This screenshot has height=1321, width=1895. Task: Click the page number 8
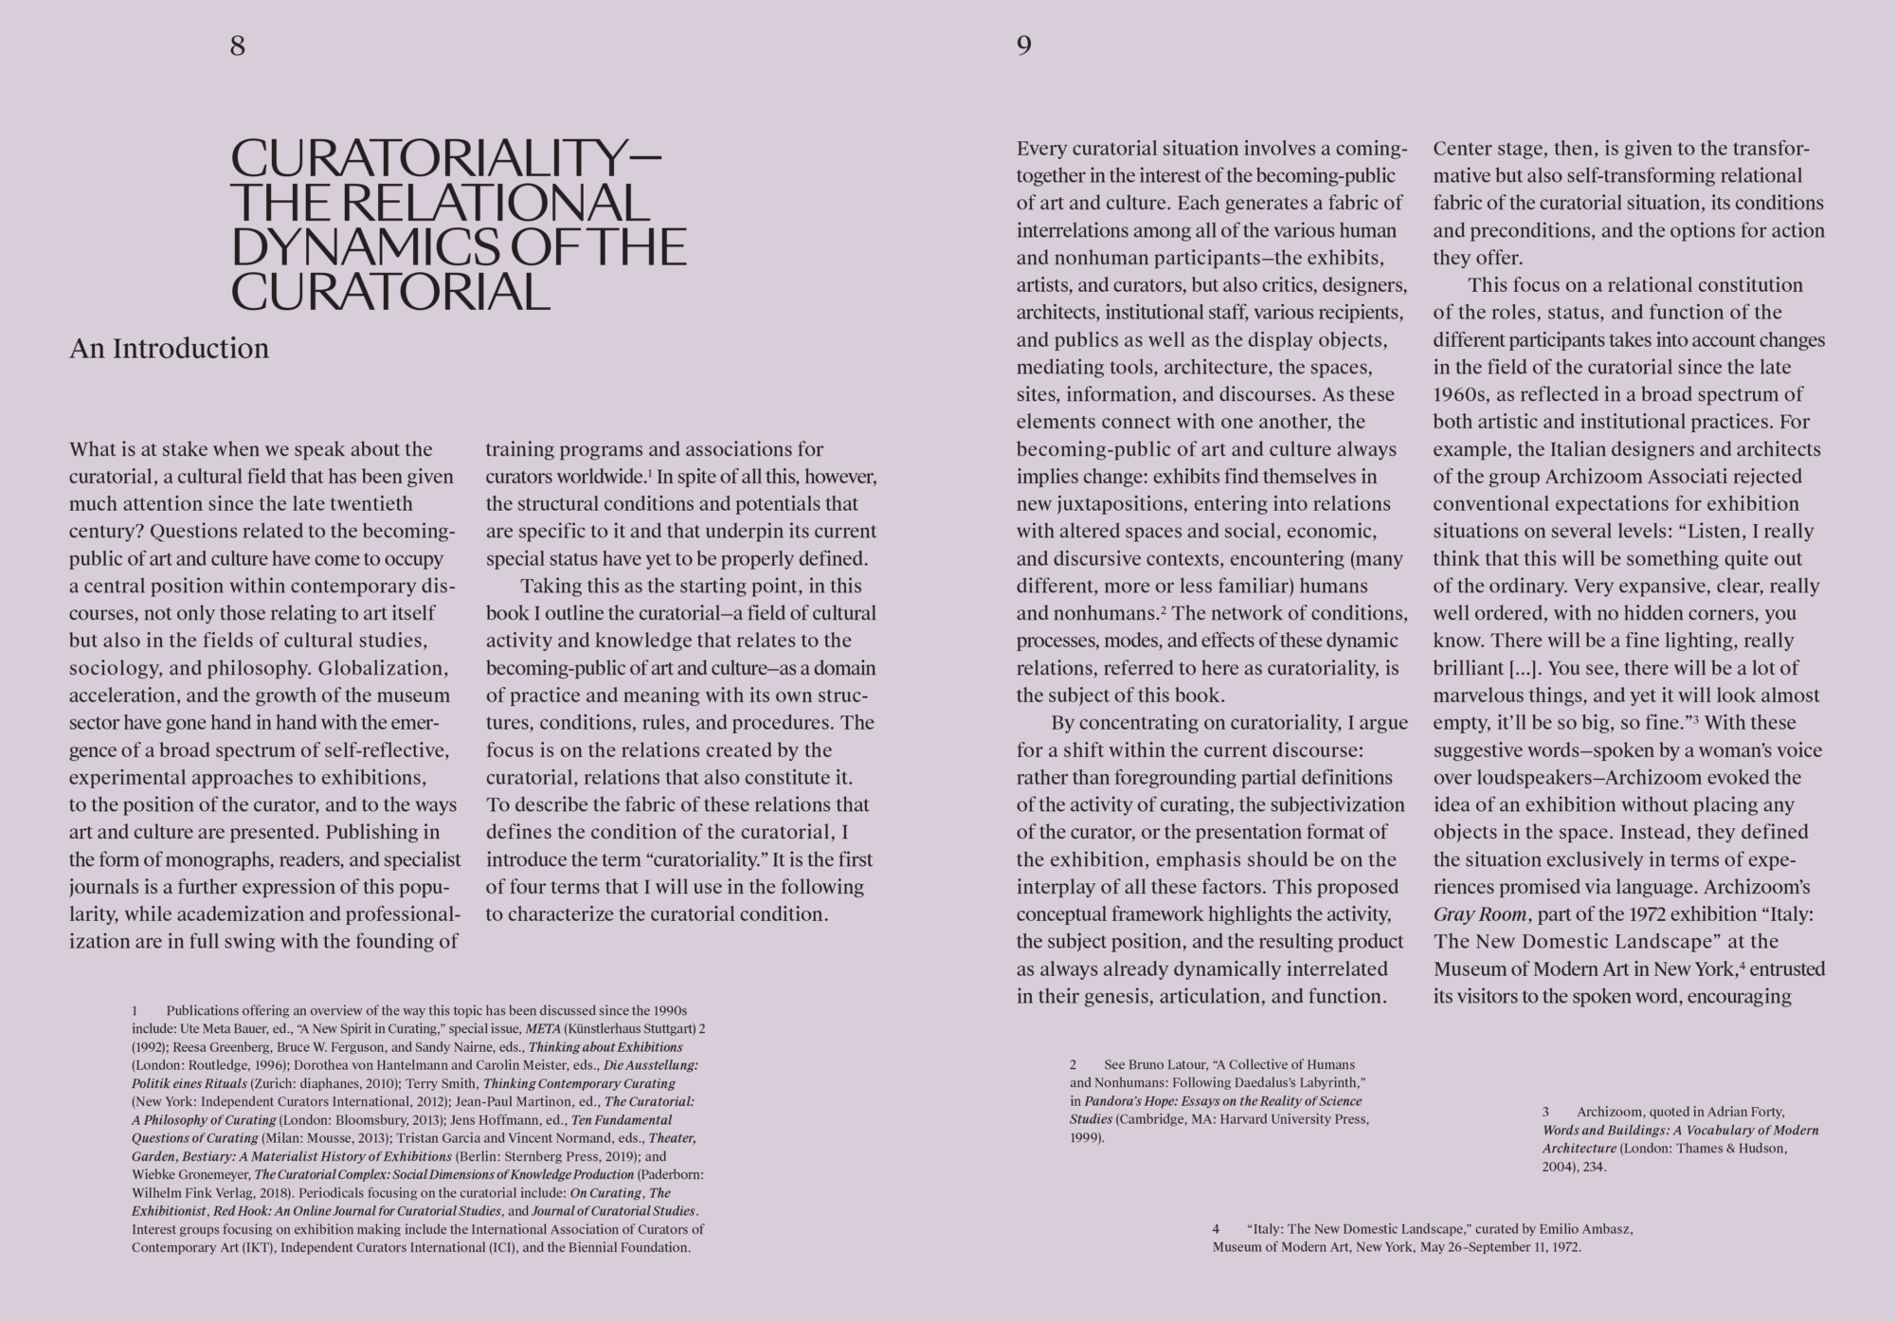pyautogui.click(x=238, y=45)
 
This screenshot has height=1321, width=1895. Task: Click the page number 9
pyautogui.click(x=1024, y=45)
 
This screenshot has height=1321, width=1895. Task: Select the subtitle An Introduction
pyautogui.click(x=169, y=349)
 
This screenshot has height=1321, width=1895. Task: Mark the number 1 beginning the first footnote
pyautogui.click(x=135, y=1011)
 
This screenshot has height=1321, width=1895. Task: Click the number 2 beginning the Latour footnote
pyautogui.click(x=1074, y=1065)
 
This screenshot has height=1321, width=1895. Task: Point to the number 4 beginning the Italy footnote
pyautogui.click(x=1216, y=1229)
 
